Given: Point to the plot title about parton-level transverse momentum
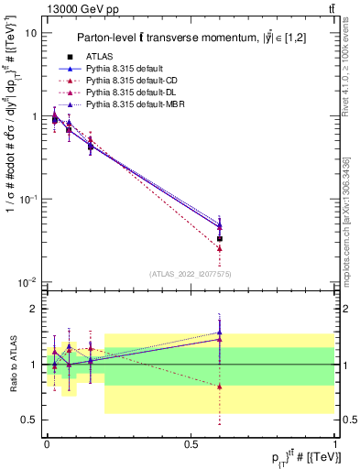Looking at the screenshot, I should [198, 38].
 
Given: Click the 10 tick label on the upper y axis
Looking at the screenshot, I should [29, 33].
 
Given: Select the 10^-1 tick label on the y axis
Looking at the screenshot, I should [27, 199].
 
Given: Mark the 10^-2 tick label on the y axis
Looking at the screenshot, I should [27, 281].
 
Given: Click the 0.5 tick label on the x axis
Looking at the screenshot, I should [191, 443].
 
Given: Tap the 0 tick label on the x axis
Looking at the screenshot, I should [47, 443].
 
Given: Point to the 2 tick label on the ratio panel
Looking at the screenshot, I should [34, 310].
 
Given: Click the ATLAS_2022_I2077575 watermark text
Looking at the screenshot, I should [191, 274].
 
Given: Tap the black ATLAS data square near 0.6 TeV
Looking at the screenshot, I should [219, 238].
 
